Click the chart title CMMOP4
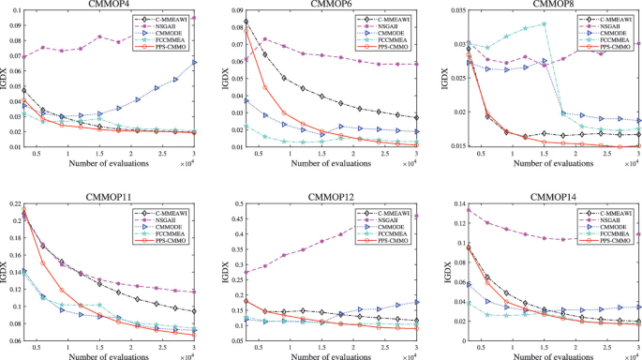pyautogui.click(x=110, y=5)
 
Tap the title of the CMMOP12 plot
pyautogui.click(x=327, y=195)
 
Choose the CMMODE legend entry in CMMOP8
pyautogui.click(x=609, y=33)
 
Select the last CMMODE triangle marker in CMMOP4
pyautogui.click(x=194, y=62)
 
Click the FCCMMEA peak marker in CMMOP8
pyautogui.click(x=544, y=23)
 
